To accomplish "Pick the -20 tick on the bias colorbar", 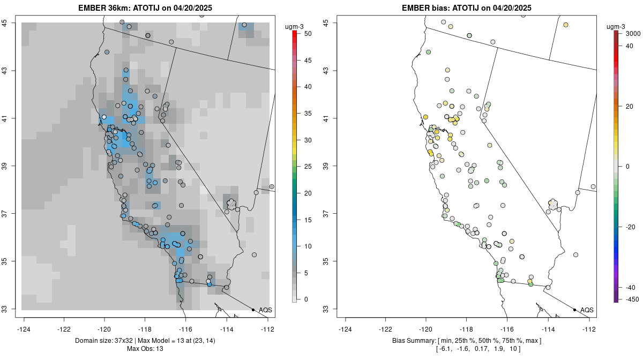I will coord(631,227).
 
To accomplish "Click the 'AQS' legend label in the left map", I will coord(265,310).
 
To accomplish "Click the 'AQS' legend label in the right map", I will coord(587,310).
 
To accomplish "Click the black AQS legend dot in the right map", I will coord(574,310).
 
